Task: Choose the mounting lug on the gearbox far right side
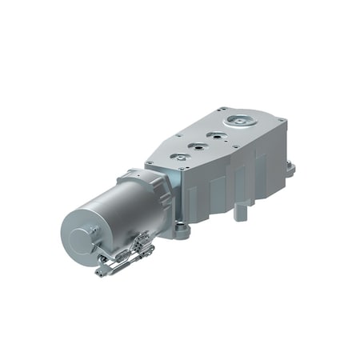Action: click(290, 169)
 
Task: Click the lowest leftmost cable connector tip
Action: click(99, 273)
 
